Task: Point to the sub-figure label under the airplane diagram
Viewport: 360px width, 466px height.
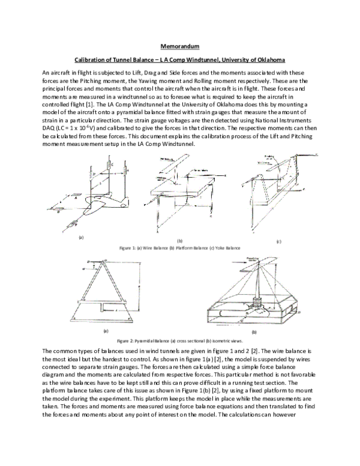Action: pyautogui.click(x=80, y=238)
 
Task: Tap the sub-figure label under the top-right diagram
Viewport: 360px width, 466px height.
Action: pyautogui.click(x=278, y=241)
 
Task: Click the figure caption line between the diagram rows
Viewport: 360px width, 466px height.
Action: pyautogui.click(x=179, y=247)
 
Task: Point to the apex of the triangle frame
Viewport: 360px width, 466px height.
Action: pyautogui.click(x=105, y=261)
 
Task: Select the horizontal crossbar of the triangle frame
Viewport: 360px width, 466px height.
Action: pyautogui.click(x=106, y=300)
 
